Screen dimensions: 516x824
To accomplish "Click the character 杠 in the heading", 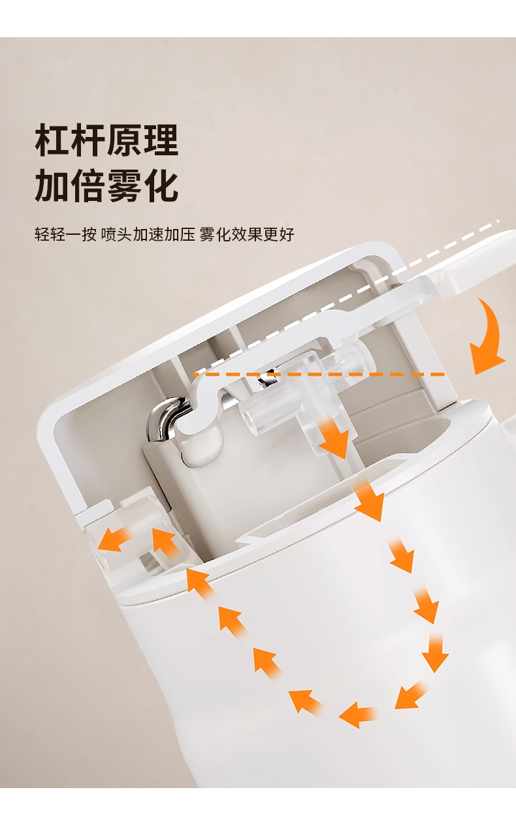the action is click(x=52, y=140).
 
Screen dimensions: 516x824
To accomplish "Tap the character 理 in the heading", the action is click(x=161, y=140).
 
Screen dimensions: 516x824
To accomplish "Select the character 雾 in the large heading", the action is click(x=125, y=185).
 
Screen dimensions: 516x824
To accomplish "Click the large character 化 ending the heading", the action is click(x=161, y=185).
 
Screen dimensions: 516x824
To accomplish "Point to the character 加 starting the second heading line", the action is click(x=52, y=185).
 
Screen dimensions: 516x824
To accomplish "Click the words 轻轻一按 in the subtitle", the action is click(x=65, y=234).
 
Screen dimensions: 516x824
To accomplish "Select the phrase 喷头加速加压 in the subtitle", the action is click(x=148, y=234).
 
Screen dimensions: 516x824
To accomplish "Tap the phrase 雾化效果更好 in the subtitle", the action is click(x=247, y=234).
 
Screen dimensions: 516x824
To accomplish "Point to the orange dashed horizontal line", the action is click(x=319, y=374).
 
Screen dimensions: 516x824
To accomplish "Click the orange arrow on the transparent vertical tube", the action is click(x=334, y=437).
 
